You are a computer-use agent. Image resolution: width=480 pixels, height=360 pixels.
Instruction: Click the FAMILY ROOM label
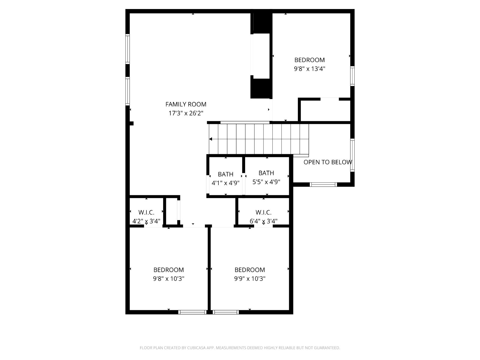186,104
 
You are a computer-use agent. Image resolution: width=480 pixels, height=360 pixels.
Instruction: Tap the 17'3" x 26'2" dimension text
186,113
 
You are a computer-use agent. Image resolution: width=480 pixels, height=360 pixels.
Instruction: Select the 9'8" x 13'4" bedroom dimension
309,69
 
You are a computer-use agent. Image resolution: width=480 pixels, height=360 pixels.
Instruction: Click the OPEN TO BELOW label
328,162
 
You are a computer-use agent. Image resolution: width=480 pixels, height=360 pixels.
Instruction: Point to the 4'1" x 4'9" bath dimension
226,183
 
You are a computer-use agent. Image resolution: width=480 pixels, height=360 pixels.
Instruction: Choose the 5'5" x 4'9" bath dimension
266,182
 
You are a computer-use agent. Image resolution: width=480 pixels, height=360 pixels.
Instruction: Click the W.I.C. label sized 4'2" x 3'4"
146,212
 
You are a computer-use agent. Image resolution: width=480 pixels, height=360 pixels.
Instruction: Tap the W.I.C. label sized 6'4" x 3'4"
263,212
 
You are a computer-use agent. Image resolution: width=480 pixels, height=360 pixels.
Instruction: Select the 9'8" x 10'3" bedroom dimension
169,279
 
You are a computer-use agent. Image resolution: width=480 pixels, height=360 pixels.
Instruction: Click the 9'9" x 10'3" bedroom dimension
250,279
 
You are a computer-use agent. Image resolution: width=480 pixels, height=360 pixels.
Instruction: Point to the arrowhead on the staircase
211,139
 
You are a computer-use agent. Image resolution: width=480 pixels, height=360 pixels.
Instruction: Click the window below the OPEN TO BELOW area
323,184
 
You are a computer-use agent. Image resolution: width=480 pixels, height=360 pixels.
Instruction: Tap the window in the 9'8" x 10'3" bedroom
192,312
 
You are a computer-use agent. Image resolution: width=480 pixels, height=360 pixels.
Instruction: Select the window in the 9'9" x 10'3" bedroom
226,312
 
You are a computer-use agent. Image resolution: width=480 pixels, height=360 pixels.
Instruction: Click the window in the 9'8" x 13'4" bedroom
352,76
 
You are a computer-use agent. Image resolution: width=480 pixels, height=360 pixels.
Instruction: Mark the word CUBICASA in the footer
196,348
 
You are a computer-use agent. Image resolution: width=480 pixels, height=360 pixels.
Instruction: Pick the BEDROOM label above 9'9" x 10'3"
250,270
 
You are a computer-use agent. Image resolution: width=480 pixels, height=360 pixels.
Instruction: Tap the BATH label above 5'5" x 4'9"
266,173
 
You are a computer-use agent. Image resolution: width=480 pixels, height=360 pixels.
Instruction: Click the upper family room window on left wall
127,49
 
